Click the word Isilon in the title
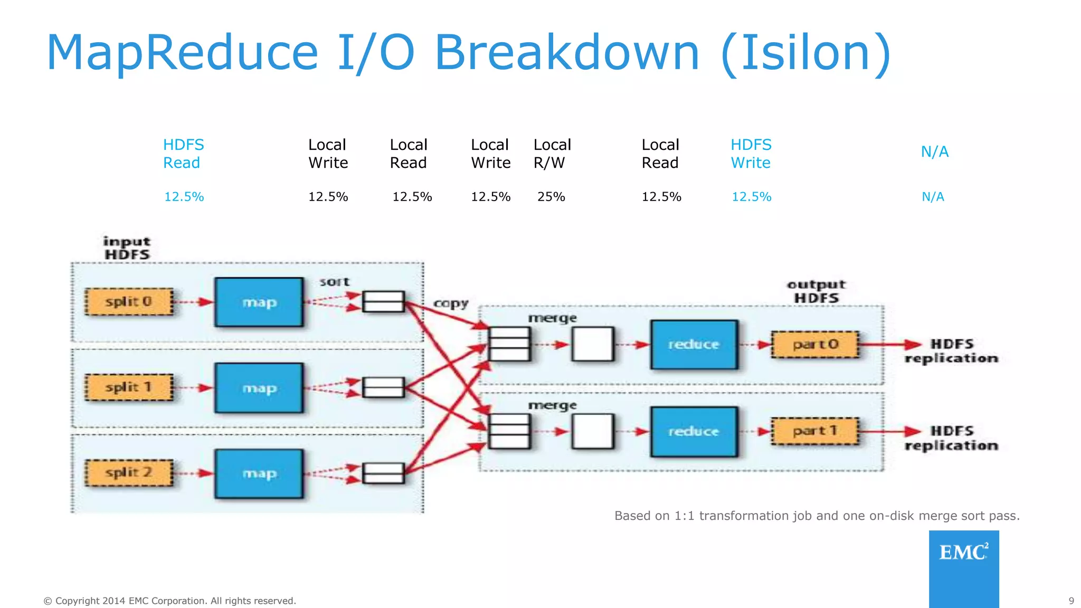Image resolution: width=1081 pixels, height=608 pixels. [806, 53]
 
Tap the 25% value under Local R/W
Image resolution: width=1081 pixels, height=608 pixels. [551, 197]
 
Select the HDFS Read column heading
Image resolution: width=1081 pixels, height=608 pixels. [183, 154]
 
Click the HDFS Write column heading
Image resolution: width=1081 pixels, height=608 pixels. [751, 154]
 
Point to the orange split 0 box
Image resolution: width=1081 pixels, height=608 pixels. [129, 302]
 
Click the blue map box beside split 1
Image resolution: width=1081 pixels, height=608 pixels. [259, 388]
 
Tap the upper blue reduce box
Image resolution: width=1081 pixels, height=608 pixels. [694, 345]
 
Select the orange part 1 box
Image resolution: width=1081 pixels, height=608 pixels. [815, 431]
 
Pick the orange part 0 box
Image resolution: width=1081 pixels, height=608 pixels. [815, 345]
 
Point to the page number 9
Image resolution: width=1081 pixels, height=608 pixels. [1071, 601]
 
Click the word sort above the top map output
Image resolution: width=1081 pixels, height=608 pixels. [334, 282]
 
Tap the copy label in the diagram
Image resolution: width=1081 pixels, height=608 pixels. [451, 303]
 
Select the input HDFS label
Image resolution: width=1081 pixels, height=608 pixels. [127, 248]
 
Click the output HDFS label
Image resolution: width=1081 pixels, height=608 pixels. [816, 291]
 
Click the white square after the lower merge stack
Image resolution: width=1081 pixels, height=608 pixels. [593, 431]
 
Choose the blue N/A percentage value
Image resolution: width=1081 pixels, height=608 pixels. [933, 197]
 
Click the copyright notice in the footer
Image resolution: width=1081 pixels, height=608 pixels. [169, 601]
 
